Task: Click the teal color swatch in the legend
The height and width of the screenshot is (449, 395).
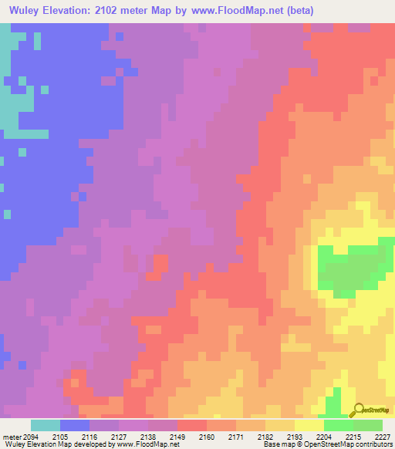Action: [x=46, y=425]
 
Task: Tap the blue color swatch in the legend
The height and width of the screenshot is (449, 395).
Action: [x=75, y=425]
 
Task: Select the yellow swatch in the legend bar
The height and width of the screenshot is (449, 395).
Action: [x=309, y=425]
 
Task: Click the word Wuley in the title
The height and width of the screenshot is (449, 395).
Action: [x=22, y=10]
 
